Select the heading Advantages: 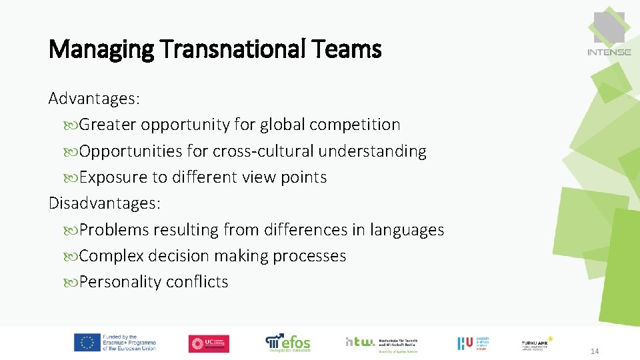[94, 99]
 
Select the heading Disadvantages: [105, 203]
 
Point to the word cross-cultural [263, 151]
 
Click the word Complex [111, 256]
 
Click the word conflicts [197, 282]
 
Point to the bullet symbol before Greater [72, 125]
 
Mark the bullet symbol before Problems [72, 231]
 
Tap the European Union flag [87, 343]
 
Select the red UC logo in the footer [209, 343]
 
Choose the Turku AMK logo [537, 343]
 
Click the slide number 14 [594, 351]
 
